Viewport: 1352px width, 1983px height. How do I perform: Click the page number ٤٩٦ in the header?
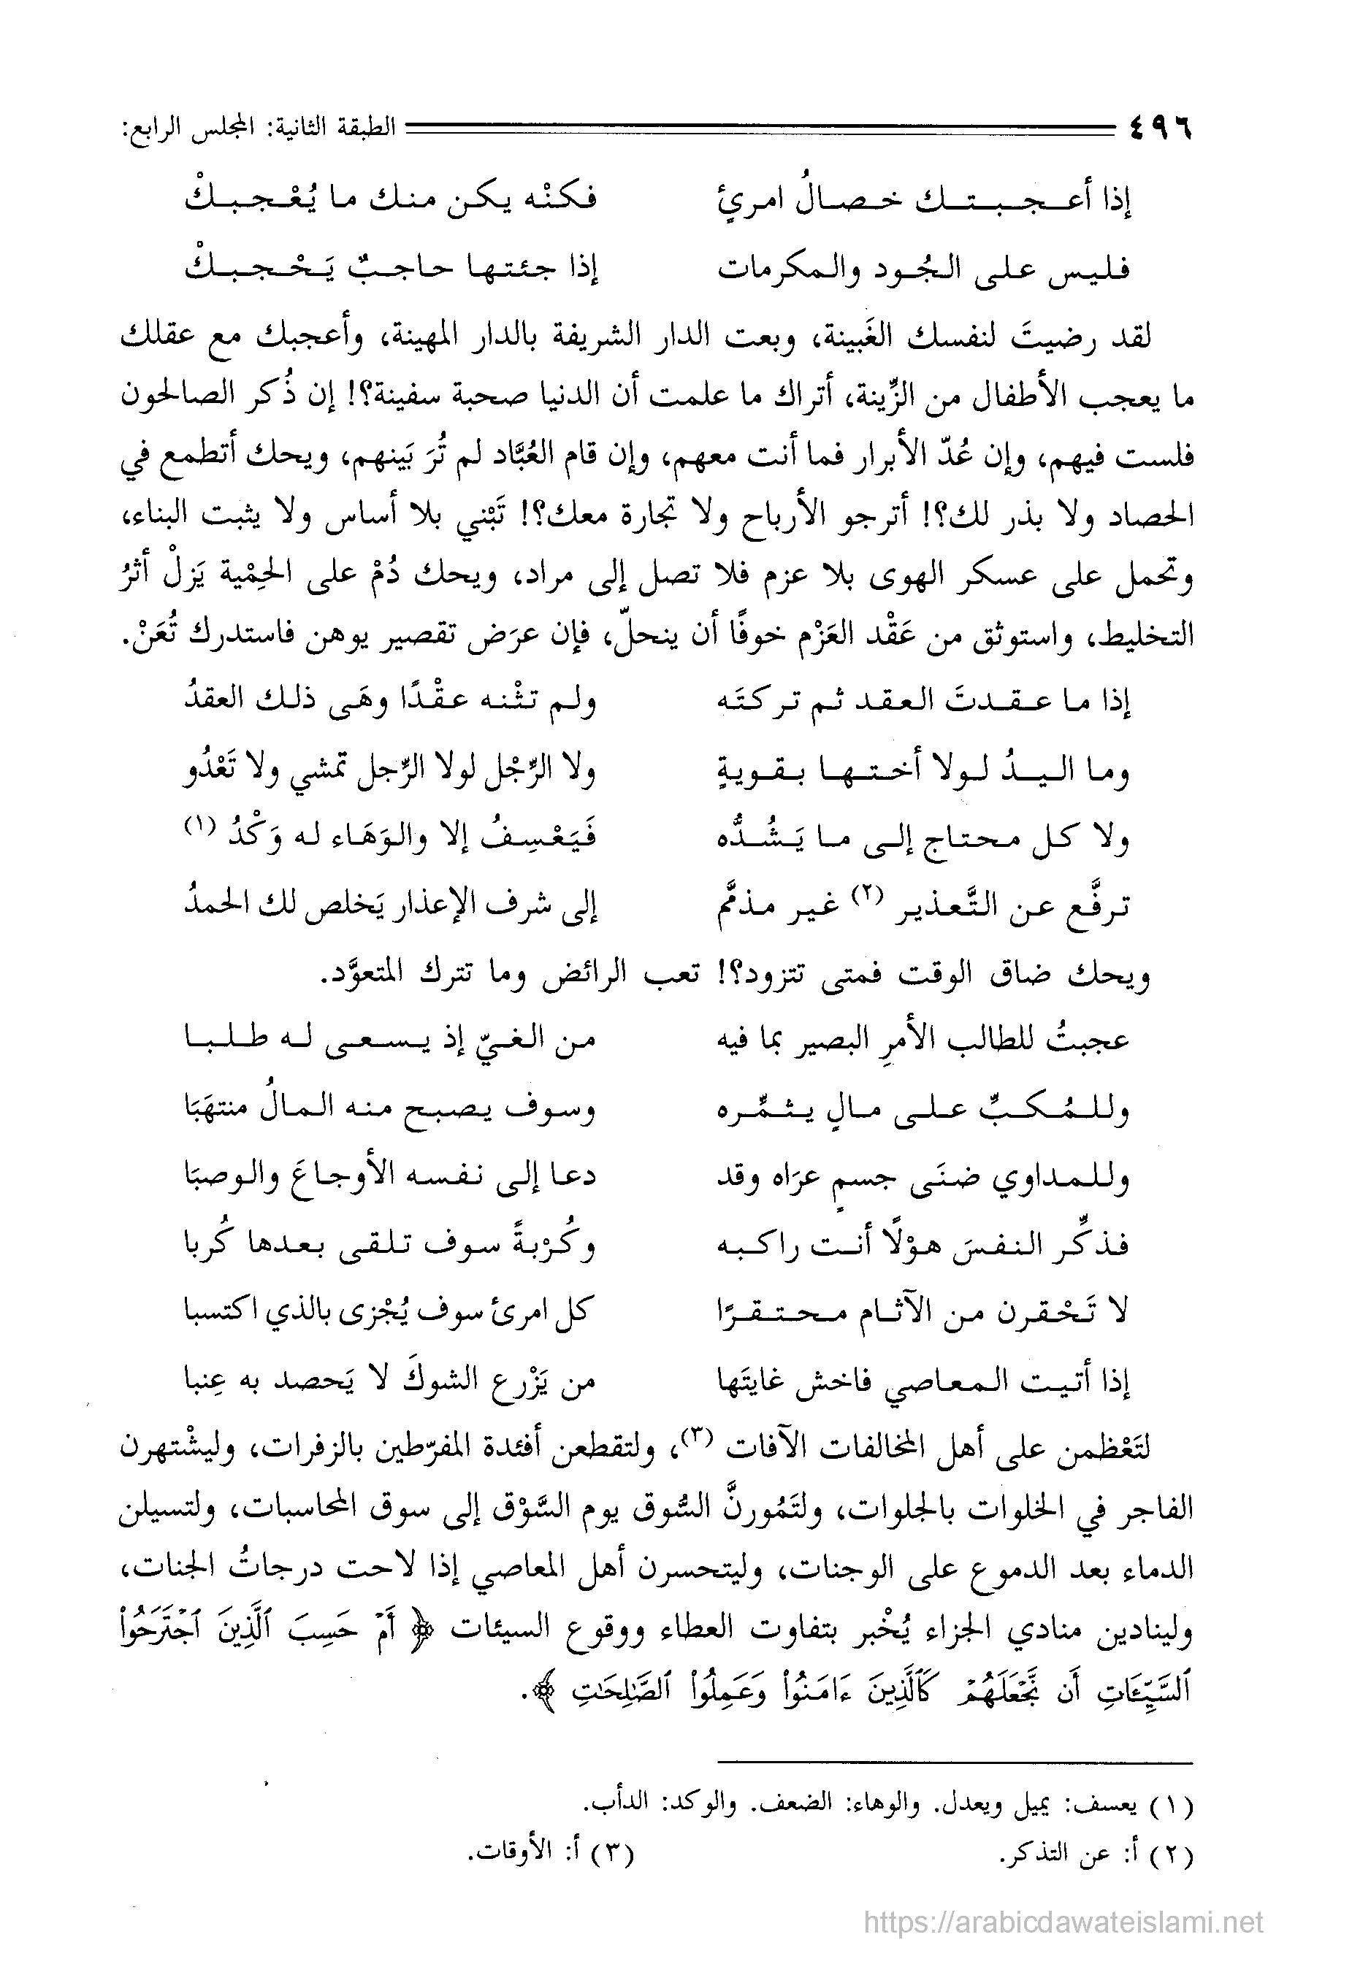1159,131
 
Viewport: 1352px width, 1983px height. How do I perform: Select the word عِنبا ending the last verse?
208,1379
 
